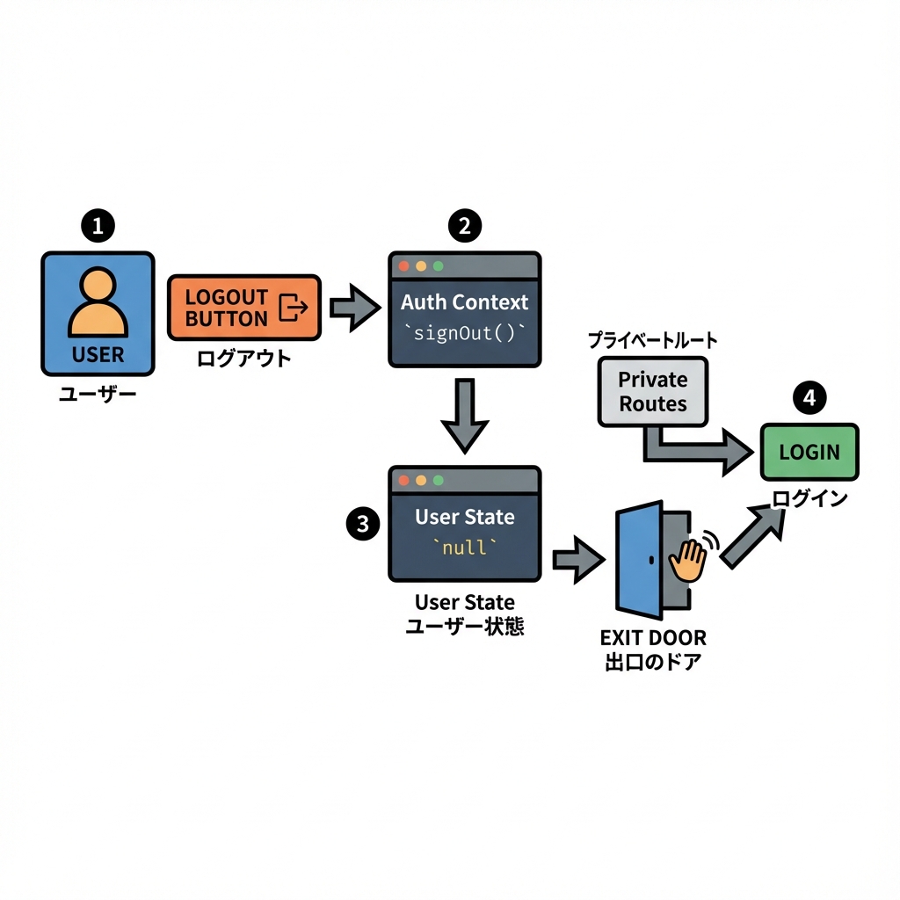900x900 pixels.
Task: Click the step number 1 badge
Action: (98, 226)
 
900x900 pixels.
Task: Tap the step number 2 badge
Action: (465, 226)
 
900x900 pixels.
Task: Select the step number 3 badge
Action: (362, 525)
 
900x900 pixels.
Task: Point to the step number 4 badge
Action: (809, 398)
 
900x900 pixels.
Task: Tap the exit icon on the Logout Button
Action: (293, 307)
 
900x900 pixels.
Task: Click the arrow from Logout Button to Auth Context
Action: (353, 307)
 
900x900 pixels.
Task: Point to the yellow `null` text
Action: (464, 548)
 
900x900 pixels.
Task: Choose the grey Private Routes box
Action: (652, 391)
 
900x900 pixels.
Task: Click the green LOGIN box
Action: (809, 452)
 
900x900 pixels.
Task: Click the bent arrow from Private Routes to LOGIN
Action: (694, 448)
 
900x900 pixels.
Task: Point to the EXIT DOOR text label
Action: (653, 637)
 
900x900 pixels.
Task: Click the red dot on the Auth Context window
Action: (404, 265)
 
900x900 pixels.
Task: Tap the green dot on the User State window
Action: (438, 480)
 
